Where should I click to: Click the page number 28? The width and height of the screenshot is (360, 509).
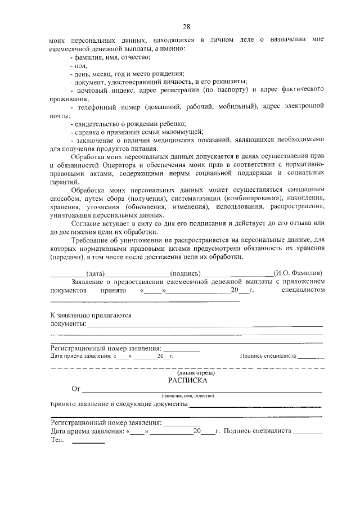tap(186, 26)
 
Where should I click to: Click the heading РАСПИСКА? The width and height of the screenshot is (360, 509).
tap(187, 380)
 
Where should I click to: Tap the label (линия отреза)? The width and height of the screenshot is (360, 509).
tap(187, 372)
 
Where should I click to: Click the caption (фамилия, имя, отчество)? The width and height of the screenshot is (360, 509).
tap(187, 397)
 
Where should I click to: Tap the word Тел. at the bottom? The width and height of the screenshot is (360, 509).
tap(57, 440)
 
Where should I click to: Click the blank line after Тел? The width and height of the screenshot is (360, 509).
tap(88, 442)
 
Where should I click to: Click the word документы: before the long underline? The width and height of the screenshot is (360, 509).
tap(68, 325)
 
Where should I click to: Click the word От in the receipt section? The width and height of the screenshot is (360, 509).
tap(76, 389)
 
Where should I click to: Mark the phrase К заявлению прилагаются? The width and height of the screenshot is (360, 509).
tap(91, 316)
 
